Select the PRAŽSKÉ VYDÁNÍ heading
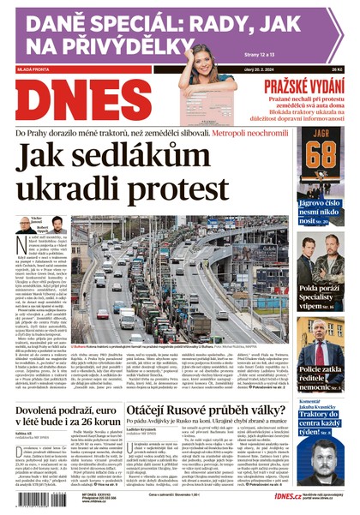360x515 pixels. (301, 87)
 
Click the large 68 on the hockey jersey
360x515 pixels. (321, 155)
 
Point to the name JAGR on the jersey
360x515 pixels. (321, 135)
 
